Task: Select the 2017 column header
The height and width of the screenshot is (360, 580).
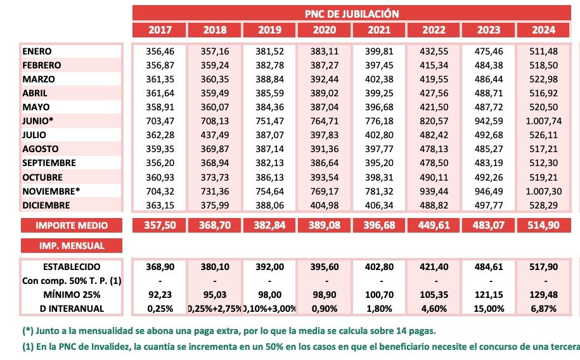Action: pos(160,30)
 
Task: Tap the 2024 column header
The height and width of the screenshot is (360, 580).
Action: pos(543,30)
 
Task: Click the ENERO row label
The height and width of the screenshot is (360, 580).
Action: pos(37,51)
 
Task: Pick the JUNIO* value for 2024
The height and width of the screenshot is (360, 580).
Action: pos(543,121)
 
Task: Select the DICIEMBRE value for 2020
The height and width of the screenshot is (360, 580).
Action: pos(324,205)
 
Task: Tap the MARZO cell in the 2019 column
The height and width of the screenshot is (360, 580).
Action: pos(269,79)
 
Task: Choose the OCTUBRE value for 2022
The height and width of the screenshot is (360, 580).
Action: pos(434,177)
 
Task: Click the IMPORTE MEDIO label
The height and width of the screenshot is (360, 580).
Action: pos(72,225)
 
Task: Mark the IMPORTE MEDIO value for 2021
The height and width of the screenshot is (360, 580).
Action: pos(378,225)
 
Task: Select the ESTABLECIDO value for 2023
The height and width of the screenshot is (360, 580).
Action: pos(488,267)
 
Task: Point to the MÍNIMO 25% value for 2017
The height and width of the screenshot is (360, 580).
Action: pos(160,295)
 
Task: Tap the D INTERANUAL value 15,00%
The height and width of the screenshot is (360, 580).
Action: pos(488,309)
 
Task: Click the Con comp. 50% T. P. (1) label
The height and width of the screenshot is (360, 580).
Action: pos(72,281)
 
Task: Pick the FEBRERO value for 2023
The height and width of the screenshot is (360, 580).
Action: pos(488,65)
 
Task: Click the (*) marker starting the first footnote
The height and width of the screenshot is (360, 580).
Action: pos(27,330)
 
